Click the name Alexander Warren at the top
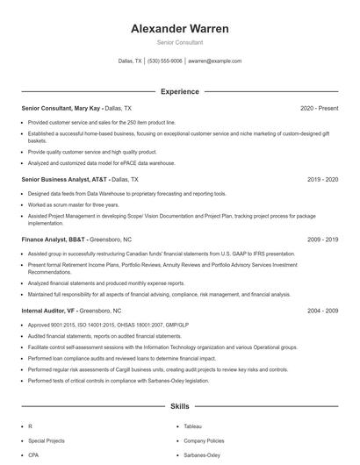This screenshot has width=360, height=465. pyautogui.click(x=179, y=29)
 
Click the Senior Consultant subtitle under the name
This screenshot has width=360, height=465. pyautogui.click(x=179, y=42)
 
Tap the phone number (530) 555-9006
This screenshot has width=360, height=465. pyautogui.click(x=165, y=61)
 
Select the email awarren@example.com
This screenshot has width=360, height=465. pyautogui.click(x=214, y=61)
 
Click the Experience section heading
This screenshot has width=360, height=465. pyautogui.click(x=179, y=91)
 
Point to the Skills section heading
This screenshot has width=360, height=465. pyautogui.click(x=179, y=407)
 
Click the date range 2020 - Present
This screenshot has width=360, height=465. pyautogui.click(x=319, y=108)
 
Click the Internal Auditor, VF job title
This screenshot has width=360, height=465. pyautogui.click(x=49, y=311)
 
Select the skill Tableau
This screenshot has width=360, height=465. pyautogui.click(x=193, y=426)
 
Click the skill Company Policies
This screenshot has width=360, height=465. pyautogui.click(x=203, y=440)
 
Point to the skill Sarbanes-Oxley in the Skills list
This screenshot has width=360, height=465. pyautogui.click(x=202, y=455)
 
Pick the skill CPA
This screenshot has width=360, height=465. pyautogui.click(x=33, y=455)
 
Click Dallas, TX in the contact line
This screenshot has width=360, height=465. pyautogui.click(x=130, y=61)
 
